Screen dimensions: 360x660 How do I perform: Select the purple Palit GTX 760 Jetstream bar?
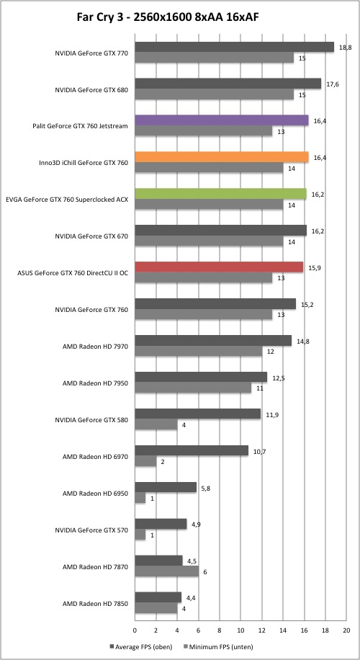coord(222,120)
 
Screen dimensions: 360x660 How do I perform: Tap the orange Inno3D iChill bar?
coord(222,157)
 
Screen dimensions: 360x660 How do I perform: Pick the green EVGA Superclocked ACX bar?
coord(220,194)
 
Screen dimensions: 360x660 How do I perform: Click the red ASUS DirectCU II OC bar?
coord(219,267)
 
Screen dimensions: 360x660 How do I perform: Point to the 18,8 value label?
coord(346,48)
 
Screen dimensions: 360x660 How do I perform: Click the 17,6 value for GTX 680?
coord(333,84)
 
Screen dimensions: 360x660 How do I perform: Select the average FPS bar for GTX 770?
coord(234,47)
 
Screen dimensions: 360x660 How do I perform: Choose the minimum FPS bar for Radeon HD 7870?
coord(166,571)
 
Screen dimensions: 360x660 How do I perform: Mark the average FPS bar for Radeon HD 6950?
coord(166,487)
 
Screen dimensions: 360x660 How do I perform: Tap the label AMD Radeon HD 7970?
coord(95,347)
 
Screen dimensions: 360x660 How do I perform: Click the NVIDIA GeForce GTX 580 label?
coord(91,419)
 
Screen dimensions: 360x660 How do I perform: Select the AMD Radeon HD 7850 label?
coord(95,603)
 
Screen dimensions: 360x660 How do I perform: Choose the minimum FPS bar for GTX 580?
coord(156,424)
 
